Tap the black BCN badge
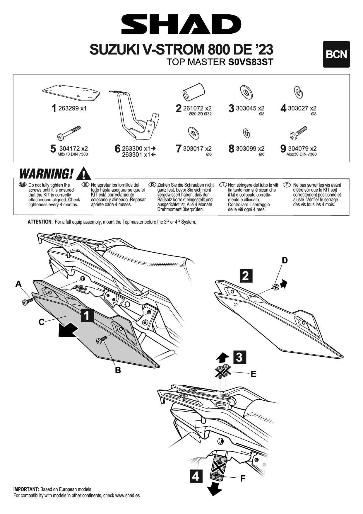point(336,54)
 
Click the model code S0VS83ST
point(250,62)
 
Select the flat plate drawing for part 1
point(71,93)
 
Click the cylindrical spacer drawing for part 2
point(193,91)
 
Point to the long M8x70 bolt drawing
point(69,133)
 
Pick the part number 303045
point(246,108)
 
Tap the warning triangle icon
point(83,173)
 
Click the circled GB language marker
point(23,185)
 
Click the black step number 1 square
point(87,315)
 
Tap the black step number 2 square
point(246,276)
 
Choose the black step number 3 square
point(239,357)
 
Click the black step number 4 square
point(196,476)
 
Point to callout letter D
point(285,260)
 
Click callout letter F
point(242,479)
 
